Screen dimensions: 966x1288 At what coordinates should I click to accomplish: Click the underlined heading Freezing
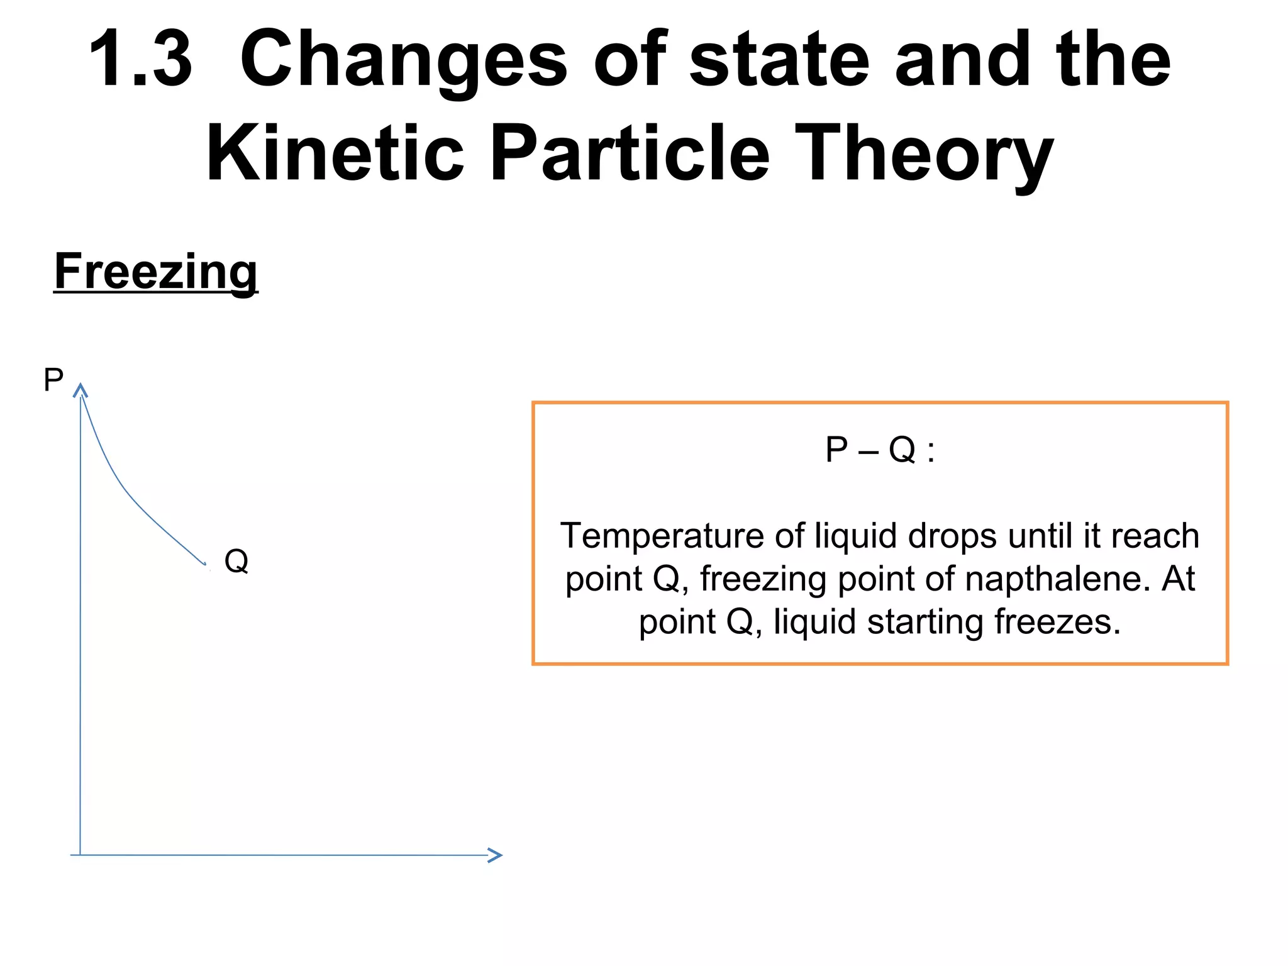pyautogui.click(x=156, y=272)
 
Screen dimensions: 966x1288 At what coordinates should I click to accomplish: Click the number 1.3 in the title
pyautogui.click(x=140, y=60)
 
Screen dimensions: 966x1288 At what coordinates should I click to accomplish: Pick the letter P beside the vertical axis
pyautogui.click(x=53, y=380)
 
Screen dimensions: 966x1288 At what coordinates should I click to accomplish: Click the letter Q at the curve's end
pyautogui.click(x=236, y=560)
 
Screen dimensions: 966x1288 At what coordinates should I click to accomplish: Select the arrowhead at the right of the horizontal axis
pyautogui.click(x=496, y=855)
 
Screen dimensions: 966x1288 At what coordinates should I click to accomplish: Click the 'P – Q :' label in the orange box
pyautogui.click(x=880, y=450)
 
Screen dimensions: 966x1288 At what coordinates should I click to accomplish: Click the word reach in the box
pyautogui.click(x=1155, y=536)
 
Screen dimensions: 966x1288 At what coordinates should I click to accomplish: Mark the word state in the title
pyautogui.click(x=779, y=60)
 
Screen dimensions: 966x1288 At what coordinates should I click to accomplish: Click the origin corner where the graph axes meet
pyautogui.click(x=80, y=855)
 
